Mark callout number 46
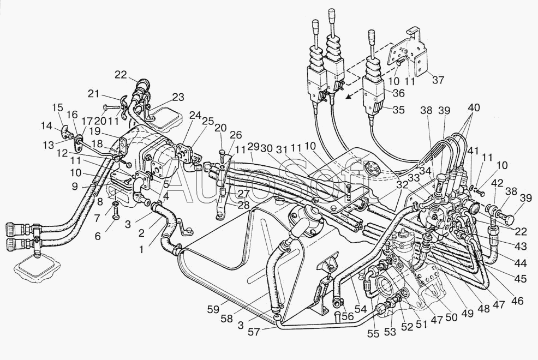tap(517, 301)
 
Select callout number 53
tap(390, 332)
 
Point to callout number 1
tap(141, 249)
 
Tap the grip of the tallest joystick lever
tap(332, 16)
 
